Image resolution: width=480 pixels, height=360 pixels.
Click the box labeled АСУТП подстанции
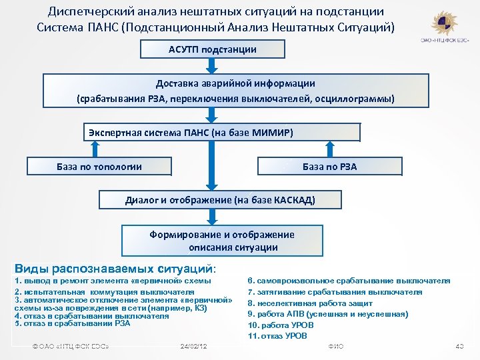coord(213,50)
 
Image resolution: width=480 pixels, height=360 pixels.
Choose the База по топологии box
coord(99,167)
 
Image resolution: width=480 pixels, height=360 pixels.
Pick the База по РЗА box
coord(329,167)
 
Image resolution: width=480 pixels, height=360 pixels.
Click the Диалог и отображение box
coord(221,199)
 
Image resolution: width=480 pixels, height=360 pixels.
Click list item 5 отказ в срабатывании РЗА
coord(73,323)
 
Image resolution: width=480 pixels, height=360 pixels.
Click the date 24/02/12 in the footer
coord(194,347)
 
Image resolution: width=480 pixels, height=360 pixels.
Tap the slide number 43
coord(459,347)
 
